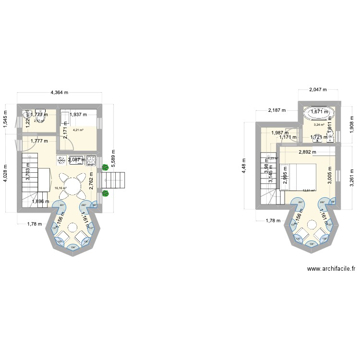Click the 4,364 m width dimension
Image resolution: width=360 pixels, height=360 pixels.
[x=60, y=92]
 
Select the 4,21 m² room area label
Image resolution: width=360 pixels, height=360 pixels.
[x=78, y=130]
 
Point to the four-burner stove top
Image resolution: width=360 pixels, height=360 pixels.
[x=62, y=160]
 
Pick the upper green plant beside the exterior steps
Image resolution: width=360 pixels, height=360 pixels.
[x=105, y=168]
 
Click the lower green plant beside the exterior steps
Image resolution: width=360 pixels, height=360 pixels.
[x=105, y=193]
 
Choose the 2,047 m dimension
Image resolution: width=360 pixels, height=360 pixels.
[x=318, y=89]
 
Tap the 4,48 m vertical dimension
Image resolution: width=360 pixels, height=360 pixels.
[x=244, y=166]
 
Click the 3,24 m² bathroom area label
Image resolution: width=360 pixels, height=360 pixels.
[x=319, y=125]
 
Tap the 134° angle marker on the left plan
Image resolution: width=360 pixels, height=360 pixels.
[x=73, y=248]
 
